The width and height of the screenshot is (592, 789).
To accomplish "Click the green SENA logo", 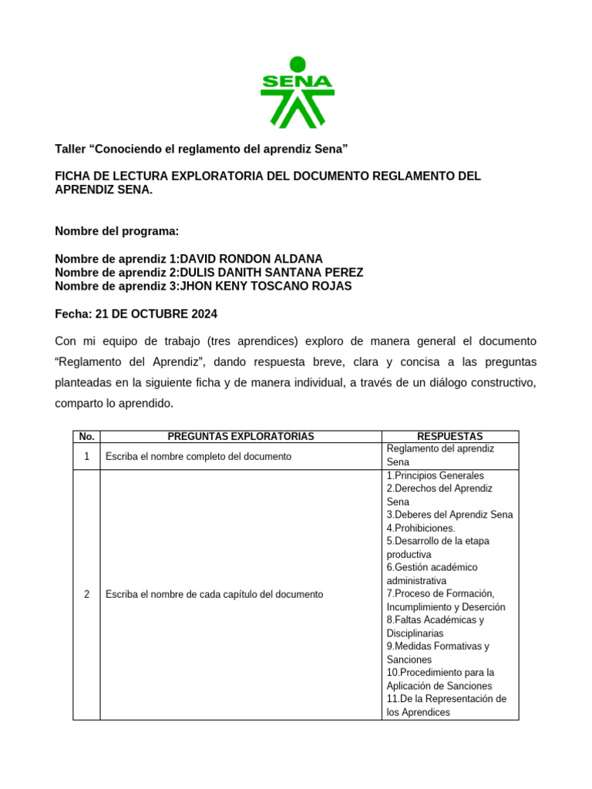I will coord(297,92).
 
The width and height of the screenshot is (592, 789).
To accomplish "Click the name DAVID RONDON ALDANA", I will coord(251,259).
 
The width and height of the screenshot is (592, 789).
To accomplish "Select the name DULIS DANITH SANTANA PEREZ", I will coord(271,273).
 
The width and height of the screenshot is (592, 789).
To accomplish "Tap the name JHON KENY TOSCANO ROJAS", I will coord(265,287).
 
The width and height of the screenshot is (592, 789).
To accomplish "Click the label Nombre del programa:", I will coord(117,231).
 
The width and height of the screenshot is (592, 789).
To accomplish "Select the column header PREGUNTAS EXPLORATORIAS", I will coord(240,437).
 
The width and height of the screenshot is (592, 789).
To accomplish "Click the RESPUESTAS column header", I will coord(449,437).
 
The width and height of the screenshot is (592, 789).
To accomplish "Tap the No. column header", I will coord(86,437).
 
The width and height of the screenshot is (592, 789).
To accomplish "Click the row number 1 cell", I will coord(86,456).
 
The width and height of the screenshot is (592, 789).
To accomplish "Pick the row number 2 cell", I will coord(86,594).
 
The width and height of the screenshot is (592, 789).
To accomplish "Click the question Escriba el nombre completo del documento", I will coord(198,456).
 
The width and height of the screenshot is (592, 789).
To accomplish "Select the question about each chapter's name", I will coord(214,594).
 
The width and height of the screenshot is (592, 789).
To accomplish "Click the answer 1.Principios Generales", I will coord(436,475).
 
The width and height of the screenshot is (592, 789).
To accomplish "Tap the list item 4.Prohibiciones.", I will coord(421,528).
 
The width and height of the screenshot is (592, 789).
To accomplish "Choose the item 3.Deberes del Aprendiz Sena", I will coord(449,515).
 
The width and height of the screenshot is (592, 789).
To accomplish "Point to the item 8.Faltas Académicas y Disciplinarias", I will coord(436,626).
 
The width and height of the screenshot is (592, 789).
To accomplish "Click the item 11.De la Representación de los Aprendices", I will coord(446,706).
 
